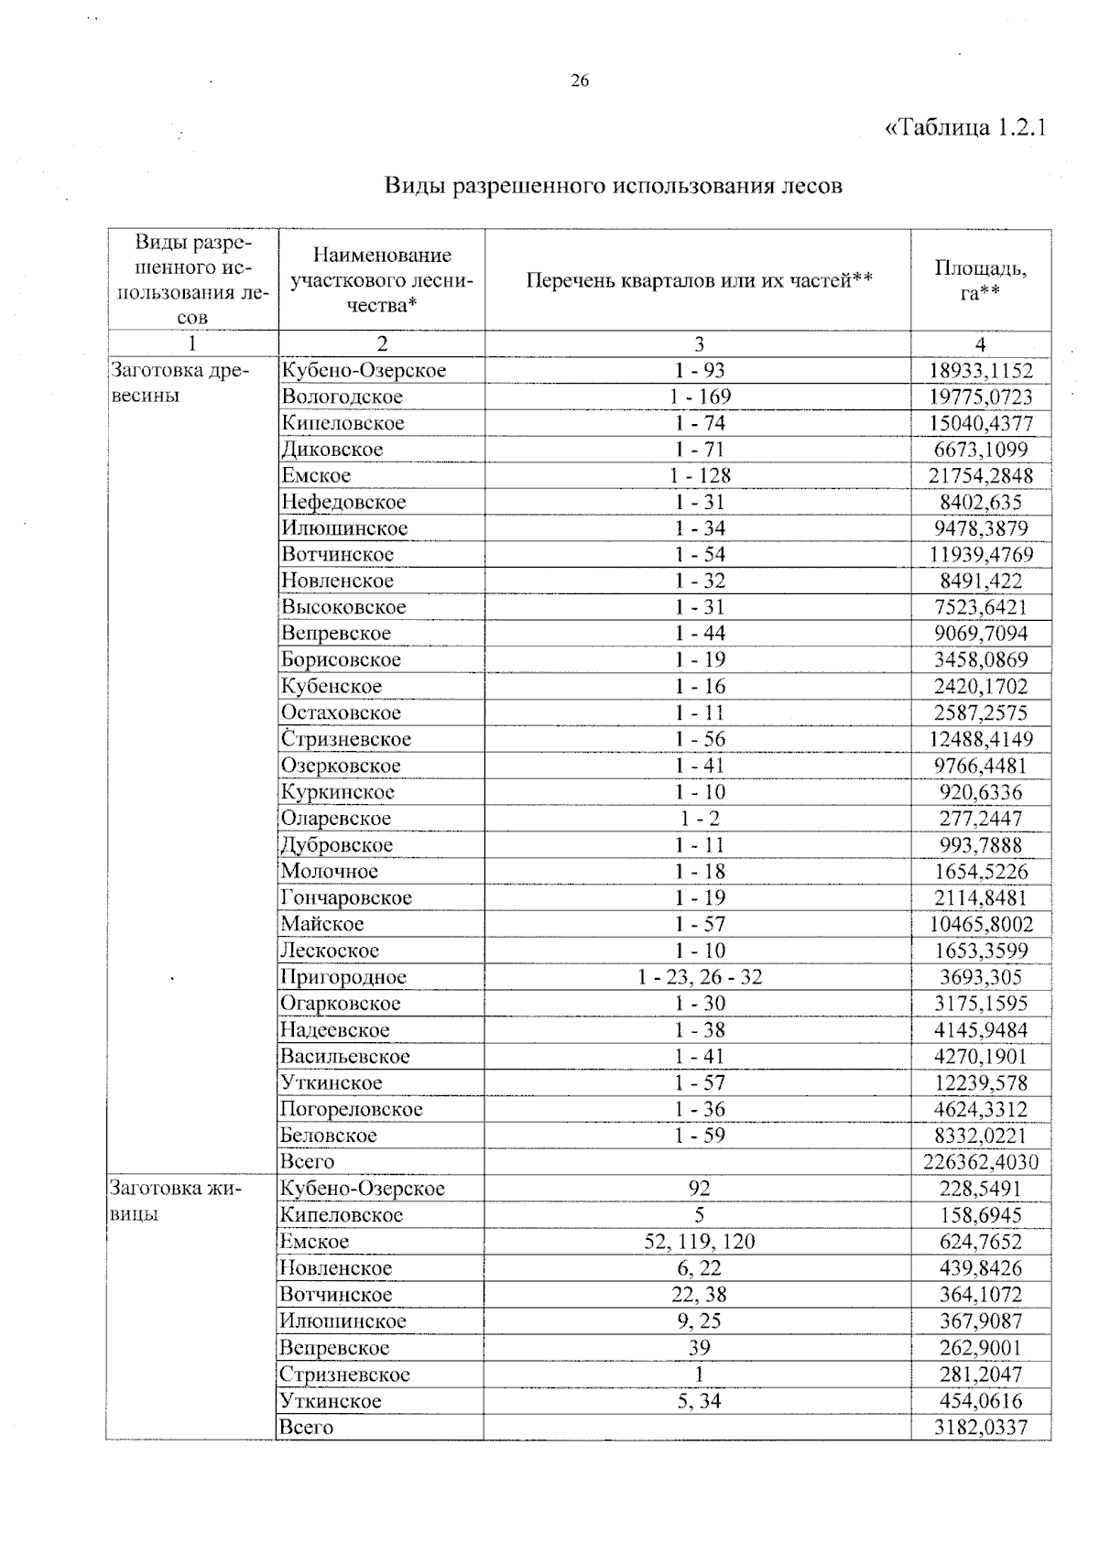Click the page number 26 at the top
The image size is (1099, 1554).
coord(580,81)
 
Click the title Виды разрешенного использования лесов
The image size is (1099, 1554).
coord(613,186)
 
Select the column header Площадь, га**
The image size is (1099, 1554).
coord(980,280)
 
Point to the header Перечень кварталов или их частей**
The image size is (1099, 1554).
coord(699,280)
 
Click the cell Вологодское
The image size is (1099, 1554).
coord(342,397)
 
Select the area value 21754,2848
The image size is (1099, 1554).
coord(980,476)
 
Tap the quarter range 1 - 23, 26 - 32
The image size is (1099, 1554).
coord(700,977)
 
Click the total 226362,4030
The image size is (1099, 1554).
coord(980,1163)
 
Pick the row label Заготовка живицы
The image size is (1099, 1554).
coord(175,1201)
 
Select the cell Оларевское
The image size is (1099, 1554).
coord(335,819)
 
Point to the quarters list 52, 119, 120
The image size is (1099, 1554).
coord(700,1242)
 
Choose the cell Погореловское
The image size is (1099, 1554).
coord(352,1110)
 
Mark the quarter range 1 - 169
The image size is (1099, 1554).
coord(700,397)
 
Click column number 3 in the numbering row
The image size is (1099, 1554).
coord(699,344)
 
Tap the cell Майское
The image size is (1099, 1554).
coord(321,925)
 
